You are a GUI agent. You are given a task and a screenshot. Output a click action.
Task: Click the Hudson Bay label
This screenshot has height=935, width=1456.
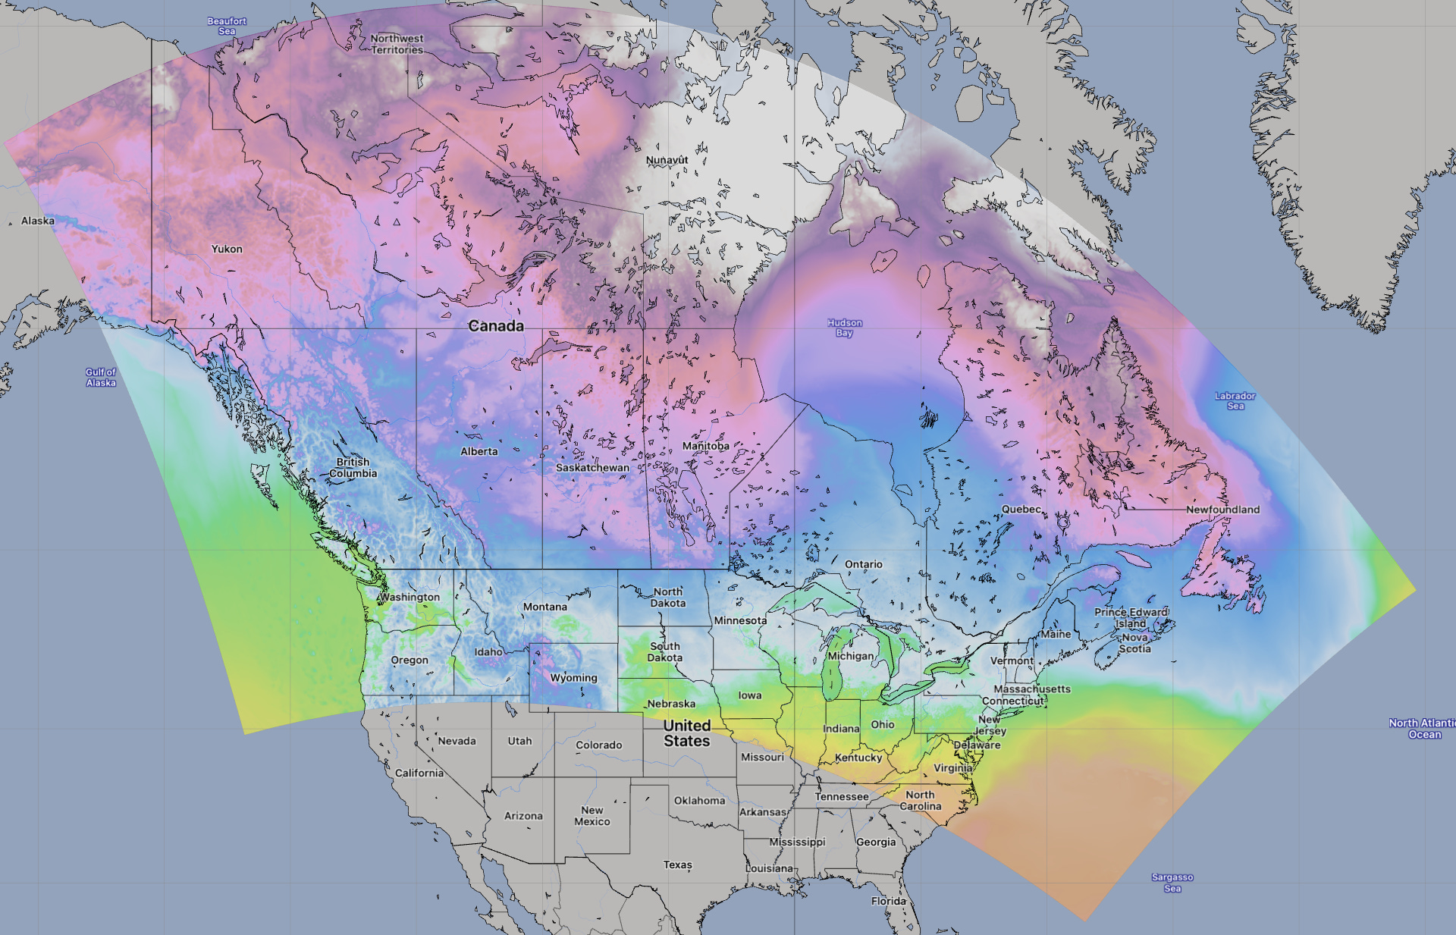[844, 328]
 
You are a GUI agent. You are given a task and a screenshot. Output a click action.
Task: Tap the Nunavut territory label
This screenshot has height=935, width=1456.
[667, 160]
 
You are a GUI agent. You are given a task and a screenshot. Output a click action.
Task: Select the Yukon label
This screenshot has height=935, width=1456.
[227, 249]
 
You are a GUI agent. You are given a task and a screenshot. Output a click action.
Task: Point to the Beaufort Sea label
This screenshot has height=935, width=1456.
[227, 26]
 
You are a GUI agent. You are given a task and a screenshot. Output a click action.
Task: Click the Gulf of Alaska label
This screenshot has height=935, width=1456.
[101, 377]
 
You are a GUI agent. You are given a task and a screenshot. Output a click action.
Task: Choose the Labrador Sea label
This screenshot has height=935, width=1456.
[1235, 400]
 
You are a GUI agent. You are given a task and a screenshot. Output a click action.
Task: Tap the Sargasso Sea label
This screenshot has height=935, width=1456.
[1172, 883]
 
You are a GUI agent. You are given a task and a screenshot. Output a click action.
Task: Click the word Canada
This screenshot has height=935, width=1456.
[496, 326]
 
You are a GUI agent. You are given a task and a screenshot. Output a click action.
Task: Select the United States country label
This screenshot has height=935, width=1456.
[686, 733]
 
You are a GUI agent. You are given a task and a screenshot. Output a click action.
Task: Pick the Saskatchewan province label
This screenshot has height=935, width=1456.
[592, 468]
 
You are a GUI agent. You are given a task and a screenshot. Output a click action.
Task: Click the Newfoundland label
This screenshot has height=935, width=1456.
[1222, 510]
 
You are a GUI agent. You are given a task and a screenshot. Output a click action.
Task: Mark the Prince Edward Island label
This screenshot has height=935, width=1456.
[1131, 617]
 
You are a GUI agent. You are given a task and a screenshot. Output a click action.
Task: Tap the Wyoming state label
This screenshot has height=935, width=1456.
[573, 678]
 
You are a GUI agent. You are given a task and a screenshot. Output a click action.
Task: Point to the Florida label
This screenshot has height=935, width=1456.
[888, 901]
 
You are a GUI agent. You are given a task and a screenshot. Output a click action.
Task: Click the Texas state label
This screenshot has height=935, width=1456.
[677, 864]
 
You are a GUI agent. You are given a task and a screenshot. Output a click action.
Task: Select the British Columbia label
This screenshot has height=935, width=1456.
[353, 467]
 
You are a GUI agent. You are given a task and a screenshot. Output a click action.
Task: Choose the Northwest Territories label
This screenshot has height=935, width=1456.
[397, 44]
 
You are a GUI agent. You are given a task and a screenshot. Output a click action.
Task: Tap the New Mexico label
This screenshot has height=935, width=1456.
[591, 815]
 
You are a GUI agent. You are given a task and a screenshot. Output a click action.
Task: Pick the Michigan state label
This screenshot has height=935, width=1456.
[850, 656]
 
